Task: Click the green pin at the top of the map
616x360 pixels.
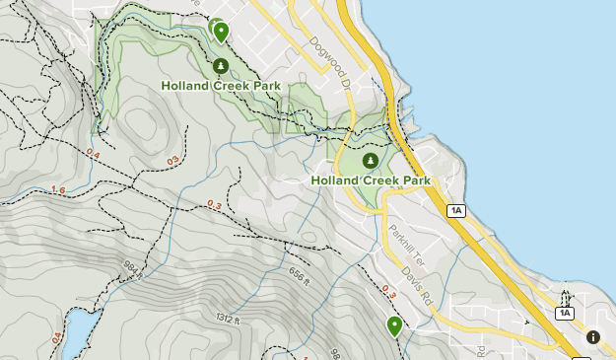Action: pyautogui.click(x=221, y=33)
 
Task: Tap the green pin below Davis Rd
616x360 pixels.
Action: pyautogui.click(x=394, y=325)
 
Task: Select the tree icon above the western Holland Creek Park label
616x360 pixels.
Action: pyautogui.click(x=221, y=67)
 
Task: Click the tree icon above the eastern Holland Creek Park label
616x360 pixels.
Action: pyautogui.click(x=371, y=161)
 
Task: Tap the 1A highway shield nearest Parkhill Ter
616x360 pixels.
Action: pyautogui.click(x=455, y=210)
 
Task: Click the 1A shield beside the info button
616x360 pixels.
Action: pyautogui.click(x=564, y=313)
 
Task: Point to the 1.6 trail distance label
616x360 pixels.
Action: pyautogui.click(x=58, y=190)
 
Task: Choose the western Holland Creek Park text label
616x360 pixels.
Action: pyautogui.click(x=221, y=86)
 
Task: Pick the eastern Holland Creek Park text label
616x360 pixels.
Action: pyautogui.click(x=371, y=180)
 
